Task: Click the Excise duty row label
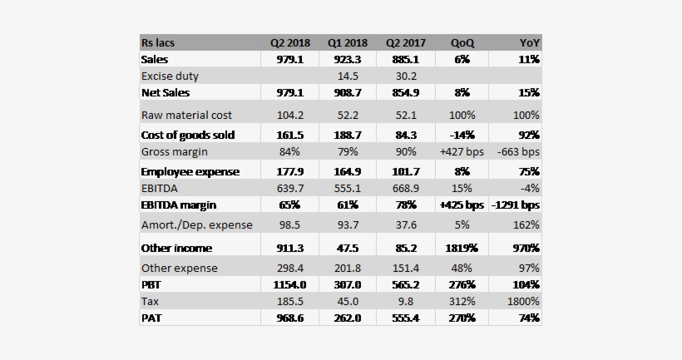(x=170, y=76)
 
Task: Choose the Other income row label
(x=176, y=248)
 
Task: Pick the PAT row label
(x=152, y=318)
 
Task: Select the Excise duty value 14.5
(x=347, y=76)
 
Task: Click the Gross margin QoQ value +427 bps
(x=462, y=152)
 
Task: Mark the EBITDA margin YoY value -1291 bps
(x=516, y=205)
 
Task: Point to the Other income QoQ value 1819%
(x=462, y=248)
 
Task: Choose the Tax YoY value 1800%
(x=522, y=301)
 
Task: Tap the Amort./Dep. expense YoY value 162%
(x=526, y=225)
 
